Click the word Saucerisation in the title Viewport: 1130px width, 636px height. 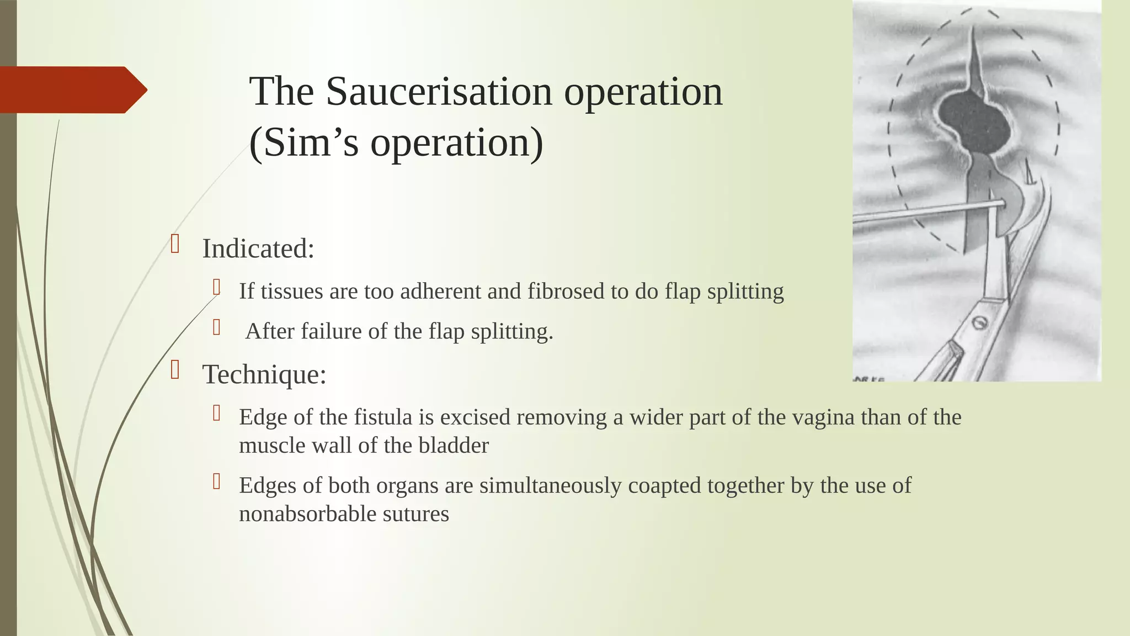click(439, 92)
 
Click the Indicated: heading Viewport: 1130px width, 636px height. click(258, 248)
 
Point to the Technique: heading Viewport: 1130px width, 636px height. click(264, 374)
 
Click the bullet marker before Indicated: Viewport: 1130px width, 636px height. click(175, 244)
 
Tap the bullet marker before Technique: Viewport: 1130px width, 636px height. click(175, 370)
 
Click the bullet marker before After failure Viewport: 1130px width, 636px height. click(217, 327)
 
